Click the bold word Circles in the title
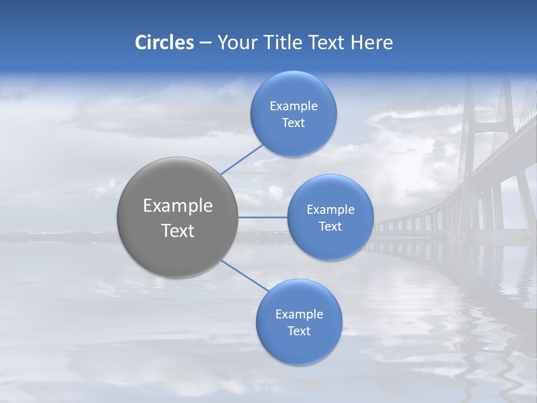(164, 43)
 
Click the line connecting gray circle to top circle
(242, 160)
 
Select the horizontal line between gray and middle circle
(263, 217)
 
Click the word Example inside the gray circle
(178, 206)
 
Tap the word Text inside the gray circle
(178, 231)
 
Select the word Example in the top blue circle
(293, 106)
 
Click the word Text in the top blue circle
(293, 123)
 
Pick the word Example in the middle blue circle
(330, 210)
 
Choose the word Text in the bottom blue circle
(299, 331)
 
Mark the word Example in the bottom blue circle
(299, 315)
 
